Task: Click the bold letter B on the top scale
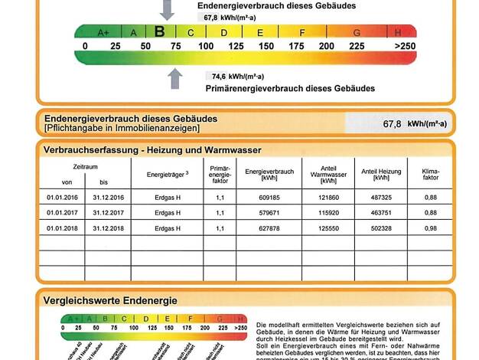click(x=159, y=31)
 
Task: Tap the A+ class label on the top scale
click(x=103, y=32)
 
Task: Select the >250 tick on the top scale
click(x=405, y=46)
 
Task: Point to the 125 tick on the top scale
click(x=236, y=46)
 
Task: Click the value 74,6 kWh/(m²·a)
click(x=237, y=77)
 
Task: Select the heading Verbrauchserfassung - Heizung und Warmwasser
click(x=152, y=150)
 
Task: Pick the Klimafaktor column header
click(x=431, y=174)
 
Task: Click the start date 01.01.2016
click(x=63, y=197)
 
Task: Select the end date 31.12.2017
click(x=108, y=212)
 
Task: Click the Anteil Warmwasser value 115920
click(x=328, y=212)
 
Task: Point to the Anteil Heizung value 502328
click(x=380, y=228)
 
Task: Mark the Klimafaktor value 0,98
click(x=431, y=228)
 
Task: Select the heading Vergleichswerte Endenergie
click(x=111, y=300)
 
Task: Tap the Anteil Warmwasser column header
click(x=328, y=174)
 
